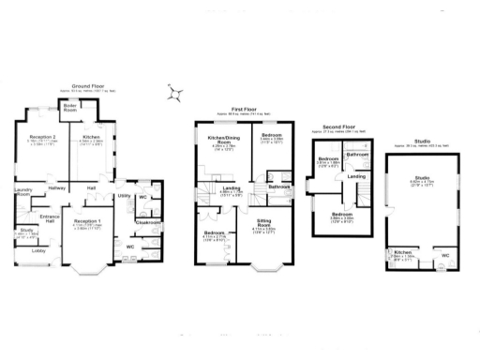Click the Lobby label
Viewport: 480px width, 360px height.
click(39, 251)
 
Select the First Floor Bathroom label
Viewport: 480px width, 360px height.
click(277, 187)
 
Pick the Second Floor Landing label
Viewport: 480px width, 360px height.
click(356, 175)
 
